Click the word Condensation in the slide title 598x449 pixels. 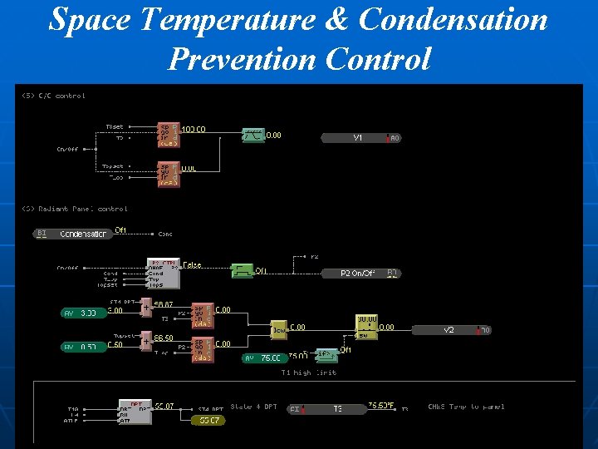tap(453, 20)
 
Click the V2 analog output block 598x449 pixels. tap(448, 330)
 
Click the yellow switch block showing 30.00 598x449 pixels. tap(366, 327)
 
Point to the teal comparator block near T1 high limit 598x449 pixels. tap(327, 355)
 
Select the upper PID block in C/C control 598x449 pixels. tap(169, 134)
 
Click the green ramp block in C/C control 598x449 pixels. tap(252, 135)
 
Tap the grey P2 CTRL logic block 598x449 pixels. tap(163, 274)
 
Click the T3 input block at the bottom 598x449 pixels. tap(336, 409)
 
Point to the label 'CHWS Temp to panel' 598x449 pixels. tap(465, 407)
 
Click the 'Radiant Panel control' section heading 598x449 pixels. tap(74, 209)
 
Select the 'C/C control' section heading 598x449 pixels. tap(53, 96)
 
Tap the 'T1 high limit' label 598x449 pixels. tap(308, 373)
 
